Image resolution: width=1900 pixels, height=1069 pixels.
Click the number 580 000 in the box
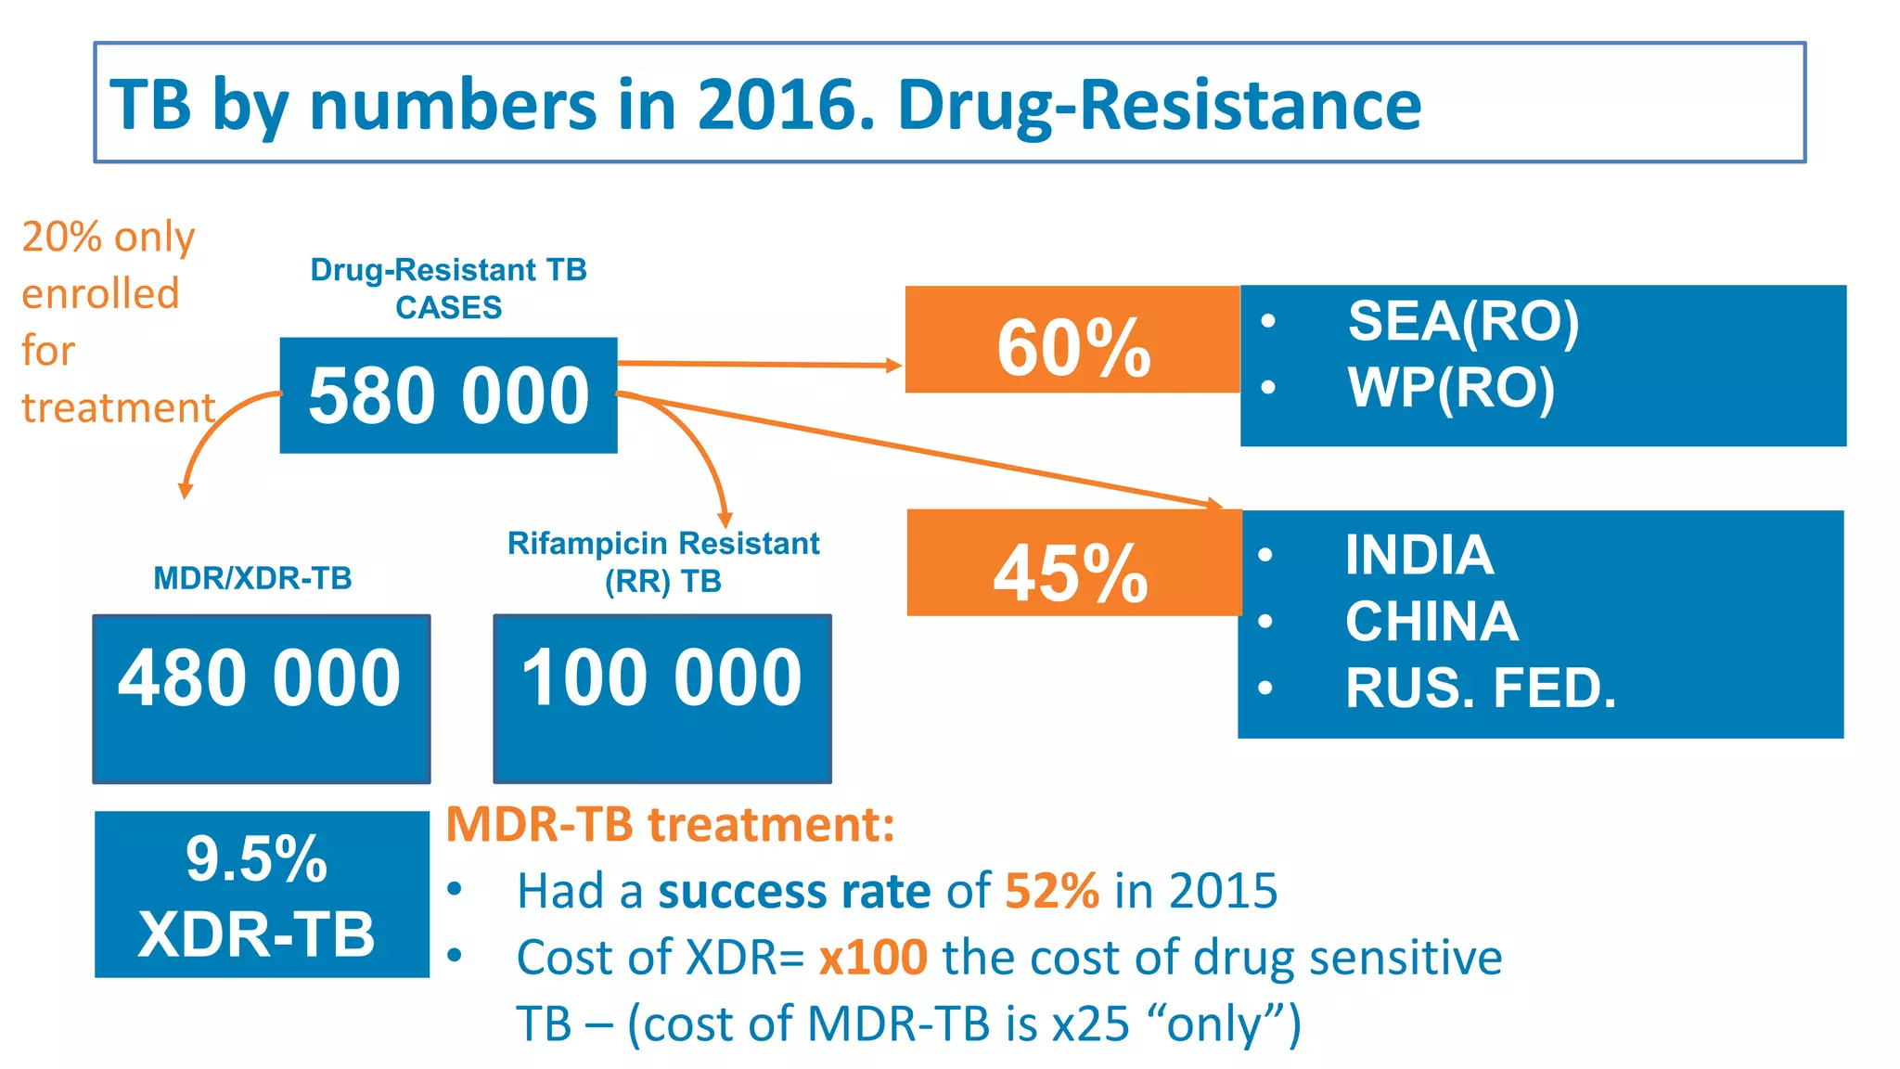pos(449,396)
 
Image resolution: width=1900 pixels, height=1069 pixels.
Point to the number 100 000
pos(661,677)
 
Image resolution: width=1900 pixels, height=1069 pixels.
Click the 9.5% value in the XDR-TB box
pos(256,858)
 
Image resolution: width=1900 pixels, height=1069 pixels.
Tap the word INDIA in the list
pos(1419,555)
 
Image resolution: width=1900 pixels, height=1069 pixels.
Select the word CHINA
pos(1431,621)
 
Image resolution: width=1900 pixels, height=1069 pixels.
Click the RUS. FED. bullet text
pos(1481,688)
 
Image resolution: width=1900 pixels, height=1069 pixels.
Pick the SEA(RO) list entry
pos(1463,321)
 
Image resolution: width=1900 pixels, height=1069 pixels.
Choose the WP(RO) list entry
pos(1451,387)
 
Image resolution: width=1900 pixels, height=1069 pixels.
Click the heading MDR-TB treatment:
pos(670,824)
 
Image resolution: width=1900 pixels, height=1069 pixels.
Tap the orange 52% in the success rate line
pos(1052,891)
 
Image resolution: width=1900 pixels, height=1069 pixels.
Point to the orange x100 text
pos(872,957)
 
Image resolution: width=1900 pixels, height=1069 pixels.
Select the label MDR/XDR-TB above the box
pos(252,578)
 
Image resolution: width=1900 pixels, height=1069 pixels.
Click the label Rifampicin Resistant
pos(663,543)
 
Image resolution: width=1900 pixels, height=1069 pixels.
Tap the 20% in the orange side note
pos(61,237)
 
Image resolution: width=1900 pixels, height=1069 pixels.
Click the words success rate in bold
pos(794,891)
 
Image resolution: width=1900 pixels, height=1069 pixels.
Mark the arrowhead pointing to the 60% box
pos(893,365)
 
